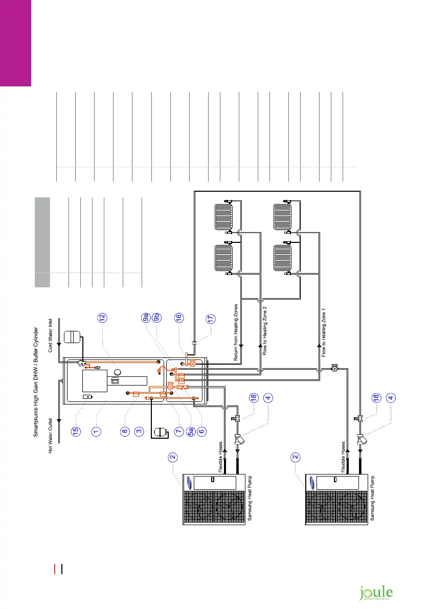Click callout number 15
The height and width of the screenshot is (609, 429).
(x=76, y=431)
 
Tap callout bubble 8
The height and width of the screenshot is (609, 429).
(x=125, y=431)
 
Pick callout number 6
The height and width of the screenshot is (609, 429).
(x=202, y=431)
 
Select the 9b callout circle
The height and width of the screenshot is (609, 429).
(x=157, y=317)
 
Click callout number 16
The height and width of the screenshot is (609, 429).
(x=178, y=317)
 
